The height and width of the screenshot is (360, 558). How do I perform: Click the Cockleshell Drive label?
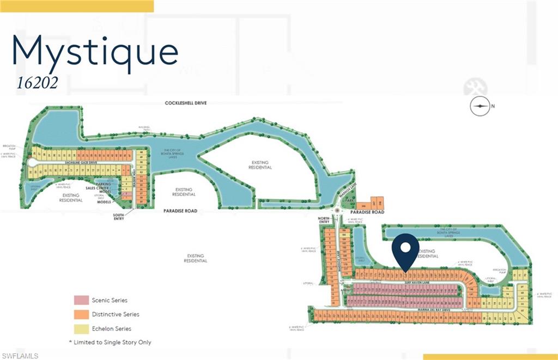click(x=187, y=103)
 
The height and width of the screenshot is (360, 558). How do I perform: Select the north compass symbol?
click(x=480, y=107)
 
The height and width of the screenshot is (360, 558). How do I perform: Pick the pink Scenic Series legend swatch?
click(x=81, y=300)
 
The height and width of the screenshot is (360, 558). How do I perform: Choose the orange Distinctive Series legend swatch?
click(x=81, y=314)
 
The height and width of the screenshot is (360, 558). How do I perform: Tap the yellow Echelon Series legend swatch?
click(x=81, y=328)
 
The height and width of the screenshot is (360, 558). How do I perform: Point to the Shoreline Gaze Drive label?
click(x=81, y=162)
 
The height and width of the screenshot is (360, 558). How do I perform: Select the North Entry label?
click(x=325, y=221)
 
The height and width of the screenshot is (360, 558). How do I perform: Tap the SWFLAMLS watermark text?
click(x=20, y=356)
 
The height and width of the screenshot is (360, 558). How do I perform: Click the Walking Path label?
click(x=144, y=129)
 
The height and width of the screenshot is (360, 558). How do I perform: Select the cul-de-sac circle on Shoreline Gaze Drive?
click(x=32, y=163)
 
